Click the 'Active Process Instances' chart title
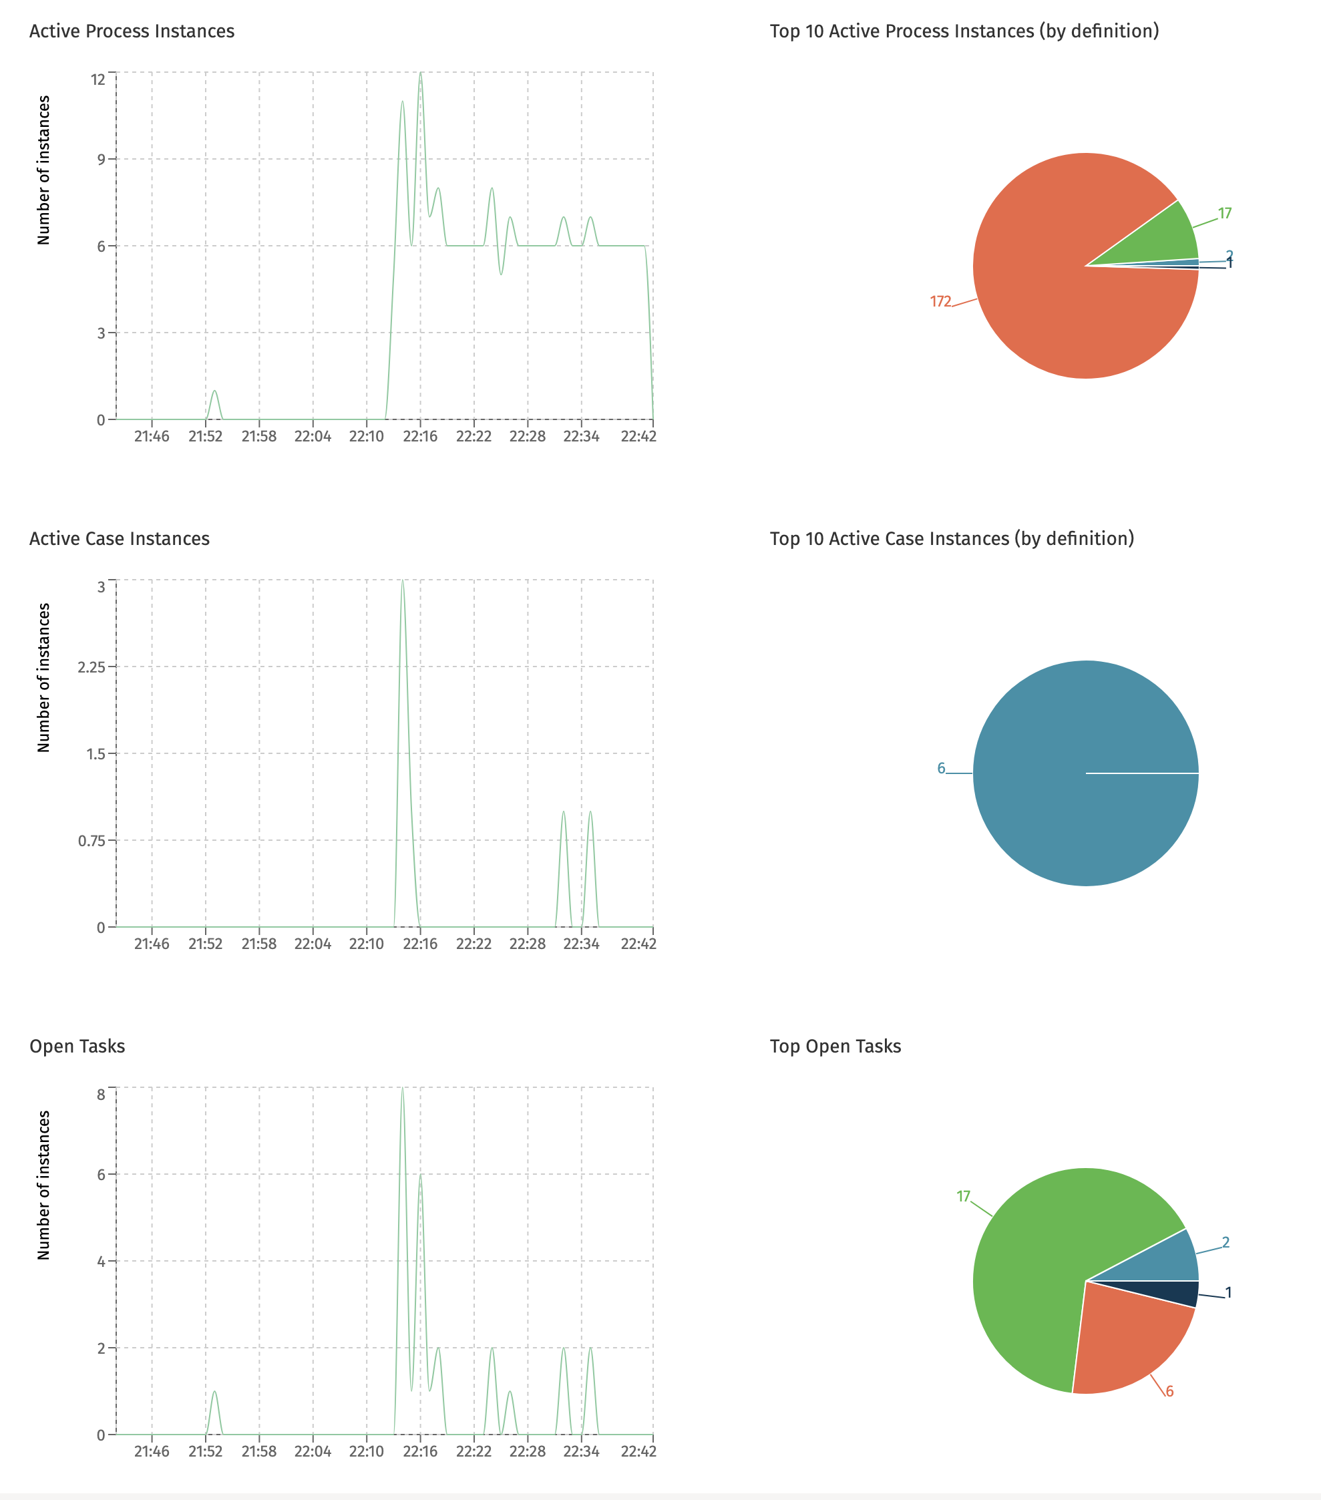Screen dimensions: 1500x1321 coord(132,31)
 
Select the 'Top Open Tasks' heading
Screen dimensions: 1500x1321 coord(835,1046)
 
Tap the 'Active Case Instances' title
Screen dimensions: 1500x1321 coord(120,539)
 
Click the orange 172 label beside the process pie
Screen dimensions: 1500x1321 coord(940,302)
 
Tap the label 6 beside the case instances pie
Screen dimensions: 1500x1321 coord(941,768)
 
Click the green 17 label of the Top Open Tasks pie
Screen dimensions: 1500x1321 coord(964,1196)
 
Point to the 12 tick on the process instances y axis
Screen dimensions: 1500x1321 coord(98,79)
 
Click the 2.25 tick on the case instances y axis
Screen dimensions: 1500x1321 coord(91,667)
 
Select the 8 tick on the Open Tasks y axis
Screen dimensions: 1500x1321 coord(102,1094)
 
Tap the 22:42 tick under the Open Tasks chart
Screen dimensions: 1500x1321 coord(638,1451)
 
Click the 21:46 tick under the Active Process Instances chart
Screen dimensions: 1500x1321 coord(152,436)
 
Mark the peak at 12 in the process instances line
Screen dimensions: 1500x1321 coord(421,73)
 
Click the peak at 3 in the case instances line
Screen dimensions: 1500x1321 coord(402,581)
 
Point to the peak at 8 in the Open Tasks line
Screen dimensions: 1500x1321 coord(402,1089)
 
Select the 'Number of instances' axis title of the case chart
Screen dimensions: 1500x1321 coord(44,677)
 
